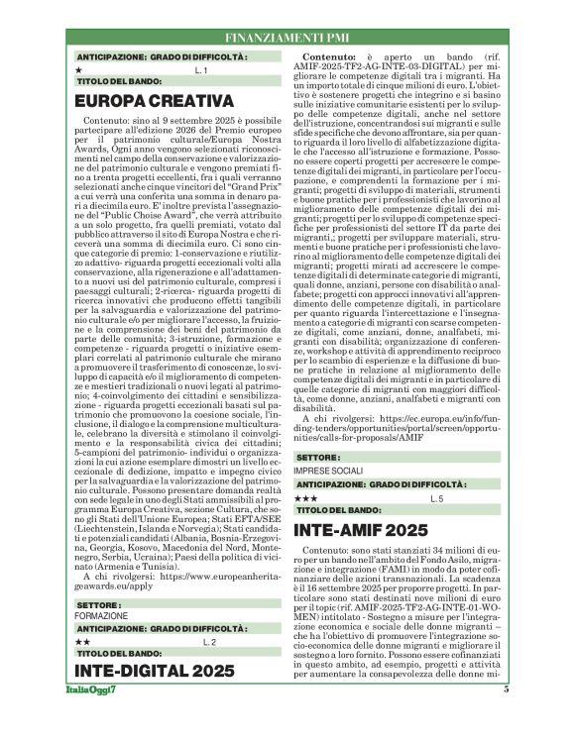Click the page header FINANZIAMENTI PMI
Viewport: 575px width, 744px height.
[x=287, y=37]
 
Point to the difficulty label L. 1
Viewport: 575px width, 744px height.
[x=200, y=70]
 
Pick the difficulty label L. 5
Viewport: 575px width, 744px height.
[x=436, y=498]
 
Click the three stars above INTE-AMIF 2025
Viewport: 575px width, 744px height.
[x=307, y=498]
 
